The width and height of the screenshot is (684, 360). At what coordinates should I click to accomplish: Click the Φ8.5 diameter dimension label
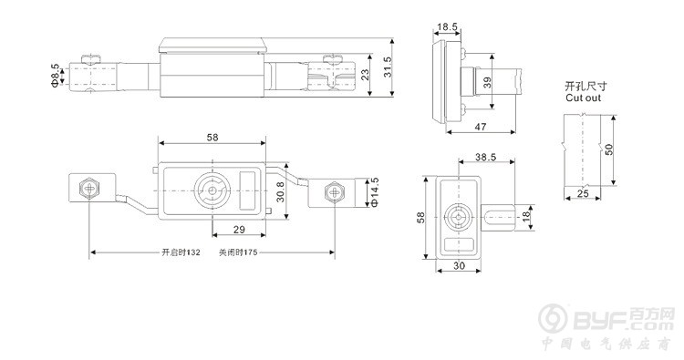pyautogui.click(x=55, y=75)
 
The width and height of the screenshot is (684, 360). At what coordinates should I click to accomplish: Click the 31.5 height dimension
pyautogui.click(x=388, y=67)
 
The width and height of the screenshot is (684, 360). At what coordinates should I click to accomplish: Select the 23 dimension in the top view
pyautogui.click(x=365, y=75)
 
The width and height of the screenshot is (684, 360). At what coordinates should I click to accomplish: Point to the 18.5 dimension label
pyautogui.click(x=447, y=27)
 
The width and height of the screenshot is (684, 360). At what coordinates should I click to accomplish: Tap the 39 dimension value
pyautogui.click(x=487, y=81)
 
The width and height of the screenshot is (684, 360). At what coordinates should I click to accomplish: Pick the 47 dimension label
pyautogui.click(x=481, y=127)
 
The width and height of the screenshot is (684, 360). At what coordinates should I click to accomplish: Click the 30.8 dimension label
pyautogui.click(x=280, y=191)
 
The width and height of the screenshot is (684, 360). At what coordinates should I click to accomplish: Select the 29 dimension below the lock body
pyautogui.click(x=239, y=230)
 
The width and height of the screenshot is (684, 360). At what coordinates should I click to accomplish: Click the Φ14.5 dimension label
pyautogui.click(x=375, y=191)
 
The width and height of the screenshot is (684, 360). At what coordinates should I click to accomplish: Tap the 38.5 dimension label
pyautogui.click(x=485, y=157)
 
